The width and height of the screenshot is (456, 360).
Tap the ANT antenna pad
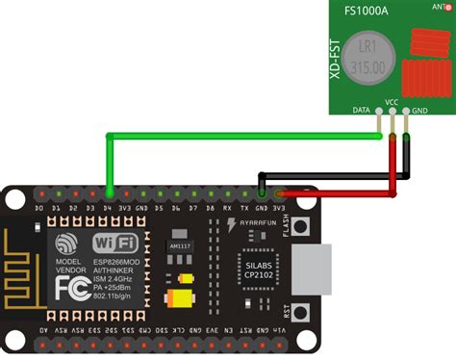tap(443, 8)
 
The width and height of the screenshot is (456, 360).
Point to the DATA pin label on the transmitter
tap(363, 111)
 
